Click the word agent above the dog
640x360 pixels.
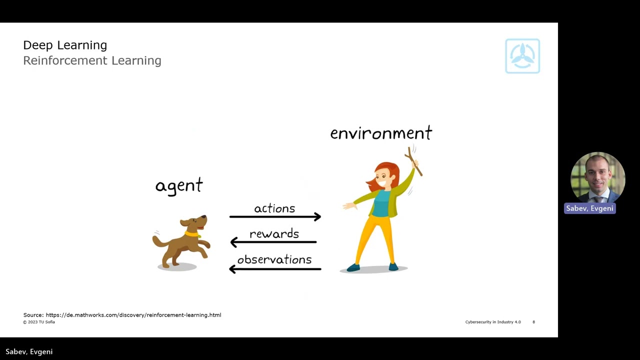(179, 186)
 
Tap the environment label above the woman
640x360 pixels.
(381, 133)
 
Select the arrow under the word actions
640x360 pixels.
(275, 216)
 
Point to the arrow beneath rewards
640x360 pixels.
(273, 242)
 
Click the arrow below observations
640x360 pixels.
(275, 269)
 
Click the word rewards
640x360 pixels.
(274, 233)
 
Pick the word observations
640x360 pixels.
(274, 259)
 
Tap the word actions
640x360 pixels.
(274, 208)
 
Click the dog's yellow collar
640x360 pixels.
(192, 233)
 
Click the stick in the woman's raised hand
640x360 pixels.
(415, 161)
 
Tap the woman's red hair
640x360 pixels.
(390, 172)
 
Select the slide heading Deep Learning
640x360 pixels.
(65, 45)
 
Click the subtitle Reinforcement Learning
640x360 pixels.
(92, 60)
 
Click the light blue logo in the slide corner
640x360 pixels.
(522, 56)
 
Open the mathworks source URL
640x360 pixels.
(133, 315)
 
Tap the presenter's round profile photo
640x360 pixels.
(597, 177)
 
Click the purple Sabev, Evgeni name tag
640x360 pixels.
(589, 208)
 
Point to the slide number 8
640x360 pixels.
(533, 322)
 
